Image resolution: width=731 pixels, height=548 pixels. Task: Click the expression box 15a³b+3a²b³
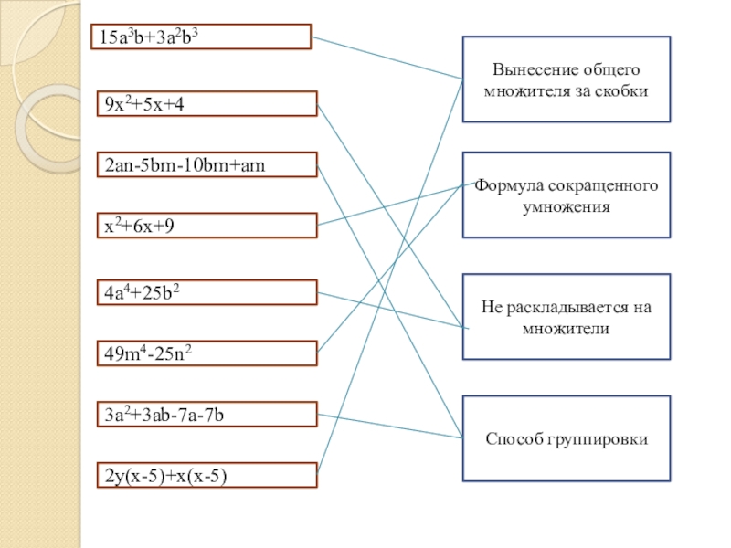[x=201, y=37]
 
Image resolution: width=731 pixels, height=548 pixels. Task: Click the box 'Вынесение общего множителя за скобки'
[x=567, y=79]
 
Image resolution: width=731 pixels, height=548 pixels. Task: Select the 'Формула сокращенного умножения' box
[x=567, y=195]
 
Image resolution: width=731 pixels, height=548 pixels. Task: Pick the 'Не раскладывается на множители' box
[x=567, y=316]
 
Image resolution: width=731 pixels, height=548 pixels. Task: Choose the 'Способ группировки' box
[x=567, y=438]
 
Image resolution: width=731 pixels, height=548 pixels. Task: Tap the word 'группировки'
[x=598, y=439]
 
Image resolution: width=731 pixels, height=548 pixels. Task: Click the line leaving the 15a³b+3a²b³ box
[x=384, y=57]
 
